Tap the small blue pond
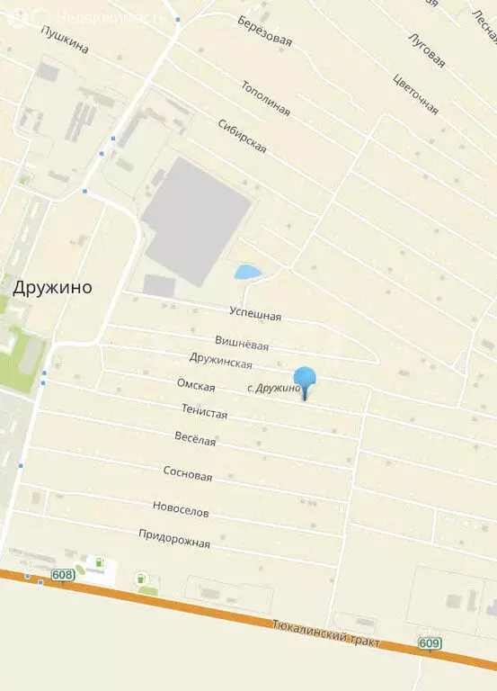click(246, 271)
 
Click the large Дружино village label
click(53, 287)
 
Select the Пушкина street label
click(65, 40)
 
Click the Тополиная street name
click(265, 98)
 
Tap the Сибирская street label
click(242, 136)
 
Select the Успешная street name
click(253, 315)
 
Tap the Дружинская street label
click(221, 361)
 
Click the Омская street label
click(196, 386)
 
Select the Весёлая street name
click(195, 440)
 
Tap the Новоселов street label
click(181, 510)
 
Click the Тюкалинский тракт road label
click(326, 634)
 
